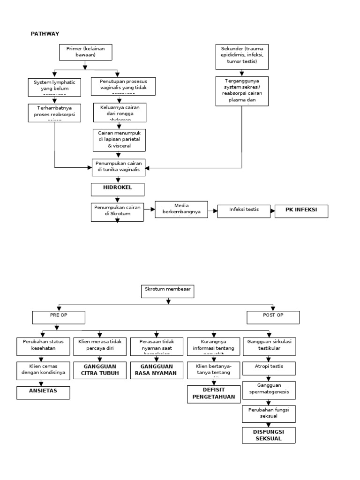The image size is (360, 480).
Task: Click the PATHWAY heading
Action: coord(45,33)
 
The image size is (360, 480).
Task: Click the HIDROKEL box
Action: coord(118,189)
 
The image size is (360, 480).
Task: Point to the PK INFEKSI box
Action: coord(301,211)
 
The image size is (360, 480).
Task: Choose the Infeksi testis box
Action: coord(244,211)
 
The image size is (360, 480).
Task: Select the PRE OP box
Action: coord(59,318)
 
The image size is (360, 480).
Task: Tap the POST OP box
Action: coord(273,318)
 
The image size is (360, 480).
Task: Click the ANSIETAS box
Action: coord(43,392)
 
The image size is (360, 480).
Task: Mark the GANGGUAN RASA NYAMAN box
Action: coord(157,370)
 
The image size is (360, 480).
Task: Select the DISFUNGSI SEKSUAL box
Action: coord(269,435)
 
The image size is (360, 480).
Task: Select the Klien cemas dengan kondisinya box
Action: coord(43,370)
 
